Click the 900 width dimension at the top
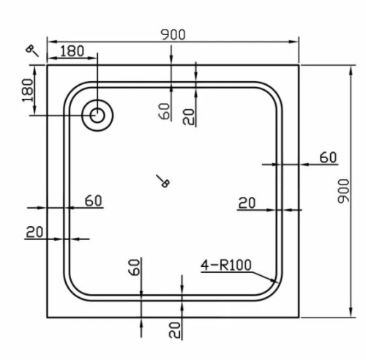[173, 34]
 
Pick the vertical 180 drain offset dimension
[29, 90]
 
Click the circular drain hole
[96, 116]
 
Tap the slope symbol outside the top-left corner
[32, 50]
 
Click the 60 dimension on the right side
[327, 157]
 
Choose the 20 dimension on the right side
[247, 203]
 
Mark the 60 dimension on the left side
[93, 200]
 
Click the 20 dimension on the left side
[34, 232]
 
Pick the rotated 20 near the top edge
[189, 116]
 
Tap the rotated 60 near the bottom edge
[134, 267]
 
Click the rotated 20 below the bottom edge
[174, 329]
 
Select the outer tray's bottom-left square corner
[48, 317]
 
